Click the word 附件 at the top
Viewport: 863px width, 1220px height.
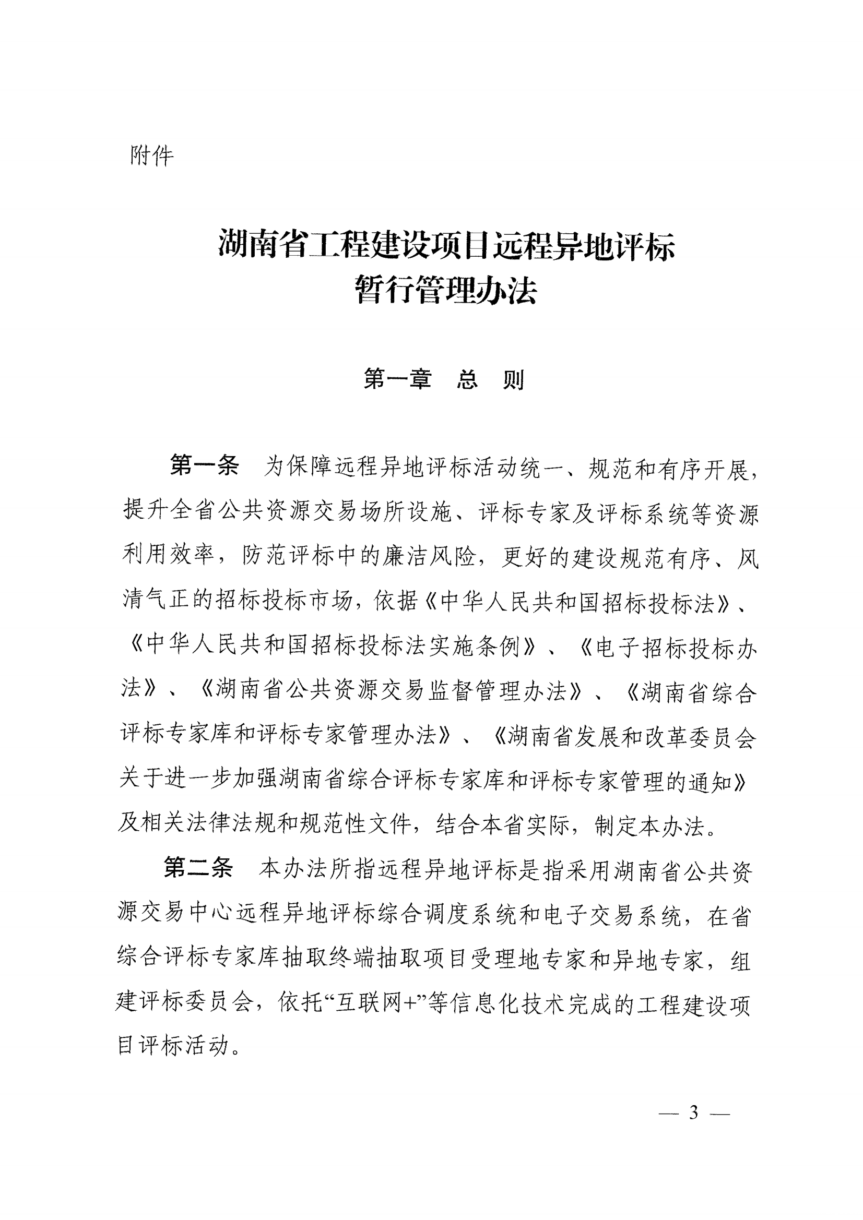click(151, 156)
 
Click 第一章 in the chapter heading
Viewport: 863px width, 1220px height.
click(397, 379)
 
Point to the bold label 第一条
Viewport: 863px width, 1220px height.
click(205, 466)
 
